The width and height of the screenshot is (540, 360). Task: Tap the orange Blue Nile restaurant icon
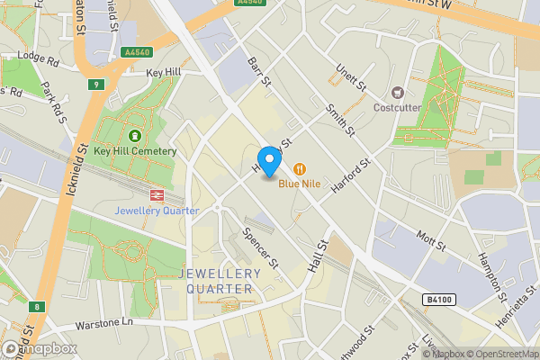(298, 168)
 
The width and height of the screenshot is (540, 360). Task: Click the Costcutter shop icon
(398, 92)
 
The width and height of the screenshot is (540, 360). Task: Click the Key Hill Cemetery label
(140, 151)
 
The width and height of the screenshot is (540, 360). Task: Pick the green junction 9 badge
(96, 85)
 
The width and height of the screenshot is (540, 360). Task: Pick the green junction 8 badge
(36, 307)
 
